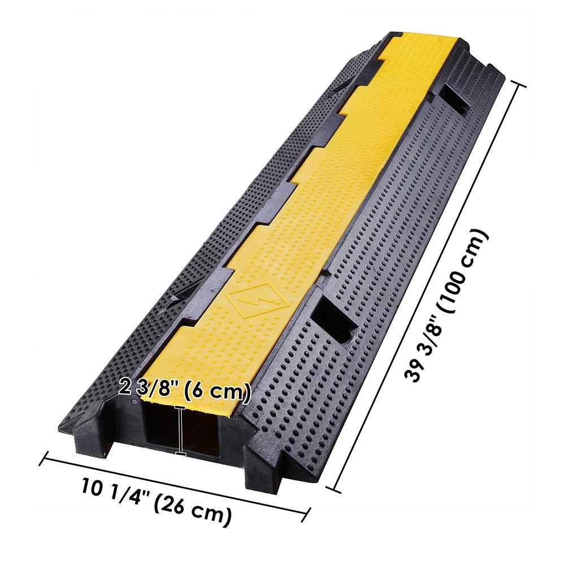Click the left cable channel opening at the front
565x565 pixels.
(x=161, y=429)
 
